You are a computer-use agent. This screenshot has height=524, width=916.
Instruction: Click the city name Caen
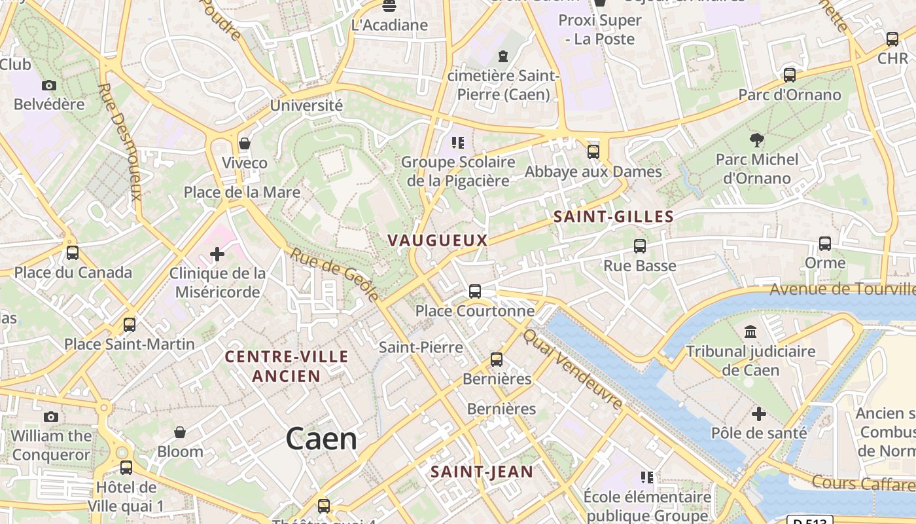321,439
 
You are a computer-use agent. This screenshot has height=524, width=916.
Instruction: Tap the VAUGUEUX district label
438,240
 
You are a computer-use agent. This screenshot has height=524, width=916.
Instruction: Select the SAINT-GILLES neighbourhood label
613,217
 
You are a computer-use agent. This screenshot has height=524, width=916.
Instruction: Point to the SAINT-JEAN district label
482,472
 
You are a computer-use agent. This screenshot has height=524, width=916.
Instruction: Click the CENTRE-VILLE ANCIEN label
287,366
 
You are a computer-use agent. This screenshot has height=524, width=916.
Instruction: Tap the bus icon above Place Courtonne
475,291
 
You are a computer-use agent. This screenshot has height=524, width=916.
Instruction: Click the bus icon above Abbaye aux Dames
593,152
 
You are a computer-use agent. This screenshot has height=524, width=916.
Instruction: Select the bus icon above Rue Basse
640,246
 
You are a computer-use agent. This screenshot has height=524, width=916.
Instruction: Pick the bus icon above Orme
825,244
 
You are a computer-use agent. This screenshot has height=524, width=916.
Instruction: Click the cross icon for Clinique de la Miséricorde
217,254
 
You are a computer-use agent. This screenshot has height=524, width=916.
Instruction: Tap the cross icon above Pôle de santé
759,414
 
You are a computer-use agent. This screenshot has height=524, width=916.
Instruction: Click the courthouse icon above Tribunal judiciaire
750,331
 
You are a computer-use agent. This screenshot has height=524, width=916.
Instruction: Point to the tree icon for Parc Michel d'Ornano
757,140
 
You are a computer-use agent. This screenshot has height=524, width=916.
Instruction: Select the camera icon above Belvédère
49,85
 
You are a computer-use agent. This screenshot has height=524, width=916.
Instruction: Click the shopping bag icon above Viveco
245,143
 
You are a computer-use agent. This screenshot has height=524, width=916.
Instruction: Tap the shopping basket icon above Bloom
180,432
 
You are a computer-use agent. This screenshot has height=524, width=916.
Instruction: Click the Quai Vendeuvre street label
573,369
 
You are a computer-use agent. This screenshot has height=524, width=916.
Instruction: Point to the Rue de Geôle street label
334,275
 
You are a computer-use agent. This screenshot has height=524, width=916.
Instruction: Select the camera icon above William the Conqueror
51,417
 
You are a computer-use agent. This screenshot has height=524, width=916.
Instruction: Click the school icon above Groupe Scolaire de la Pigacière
458,142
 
